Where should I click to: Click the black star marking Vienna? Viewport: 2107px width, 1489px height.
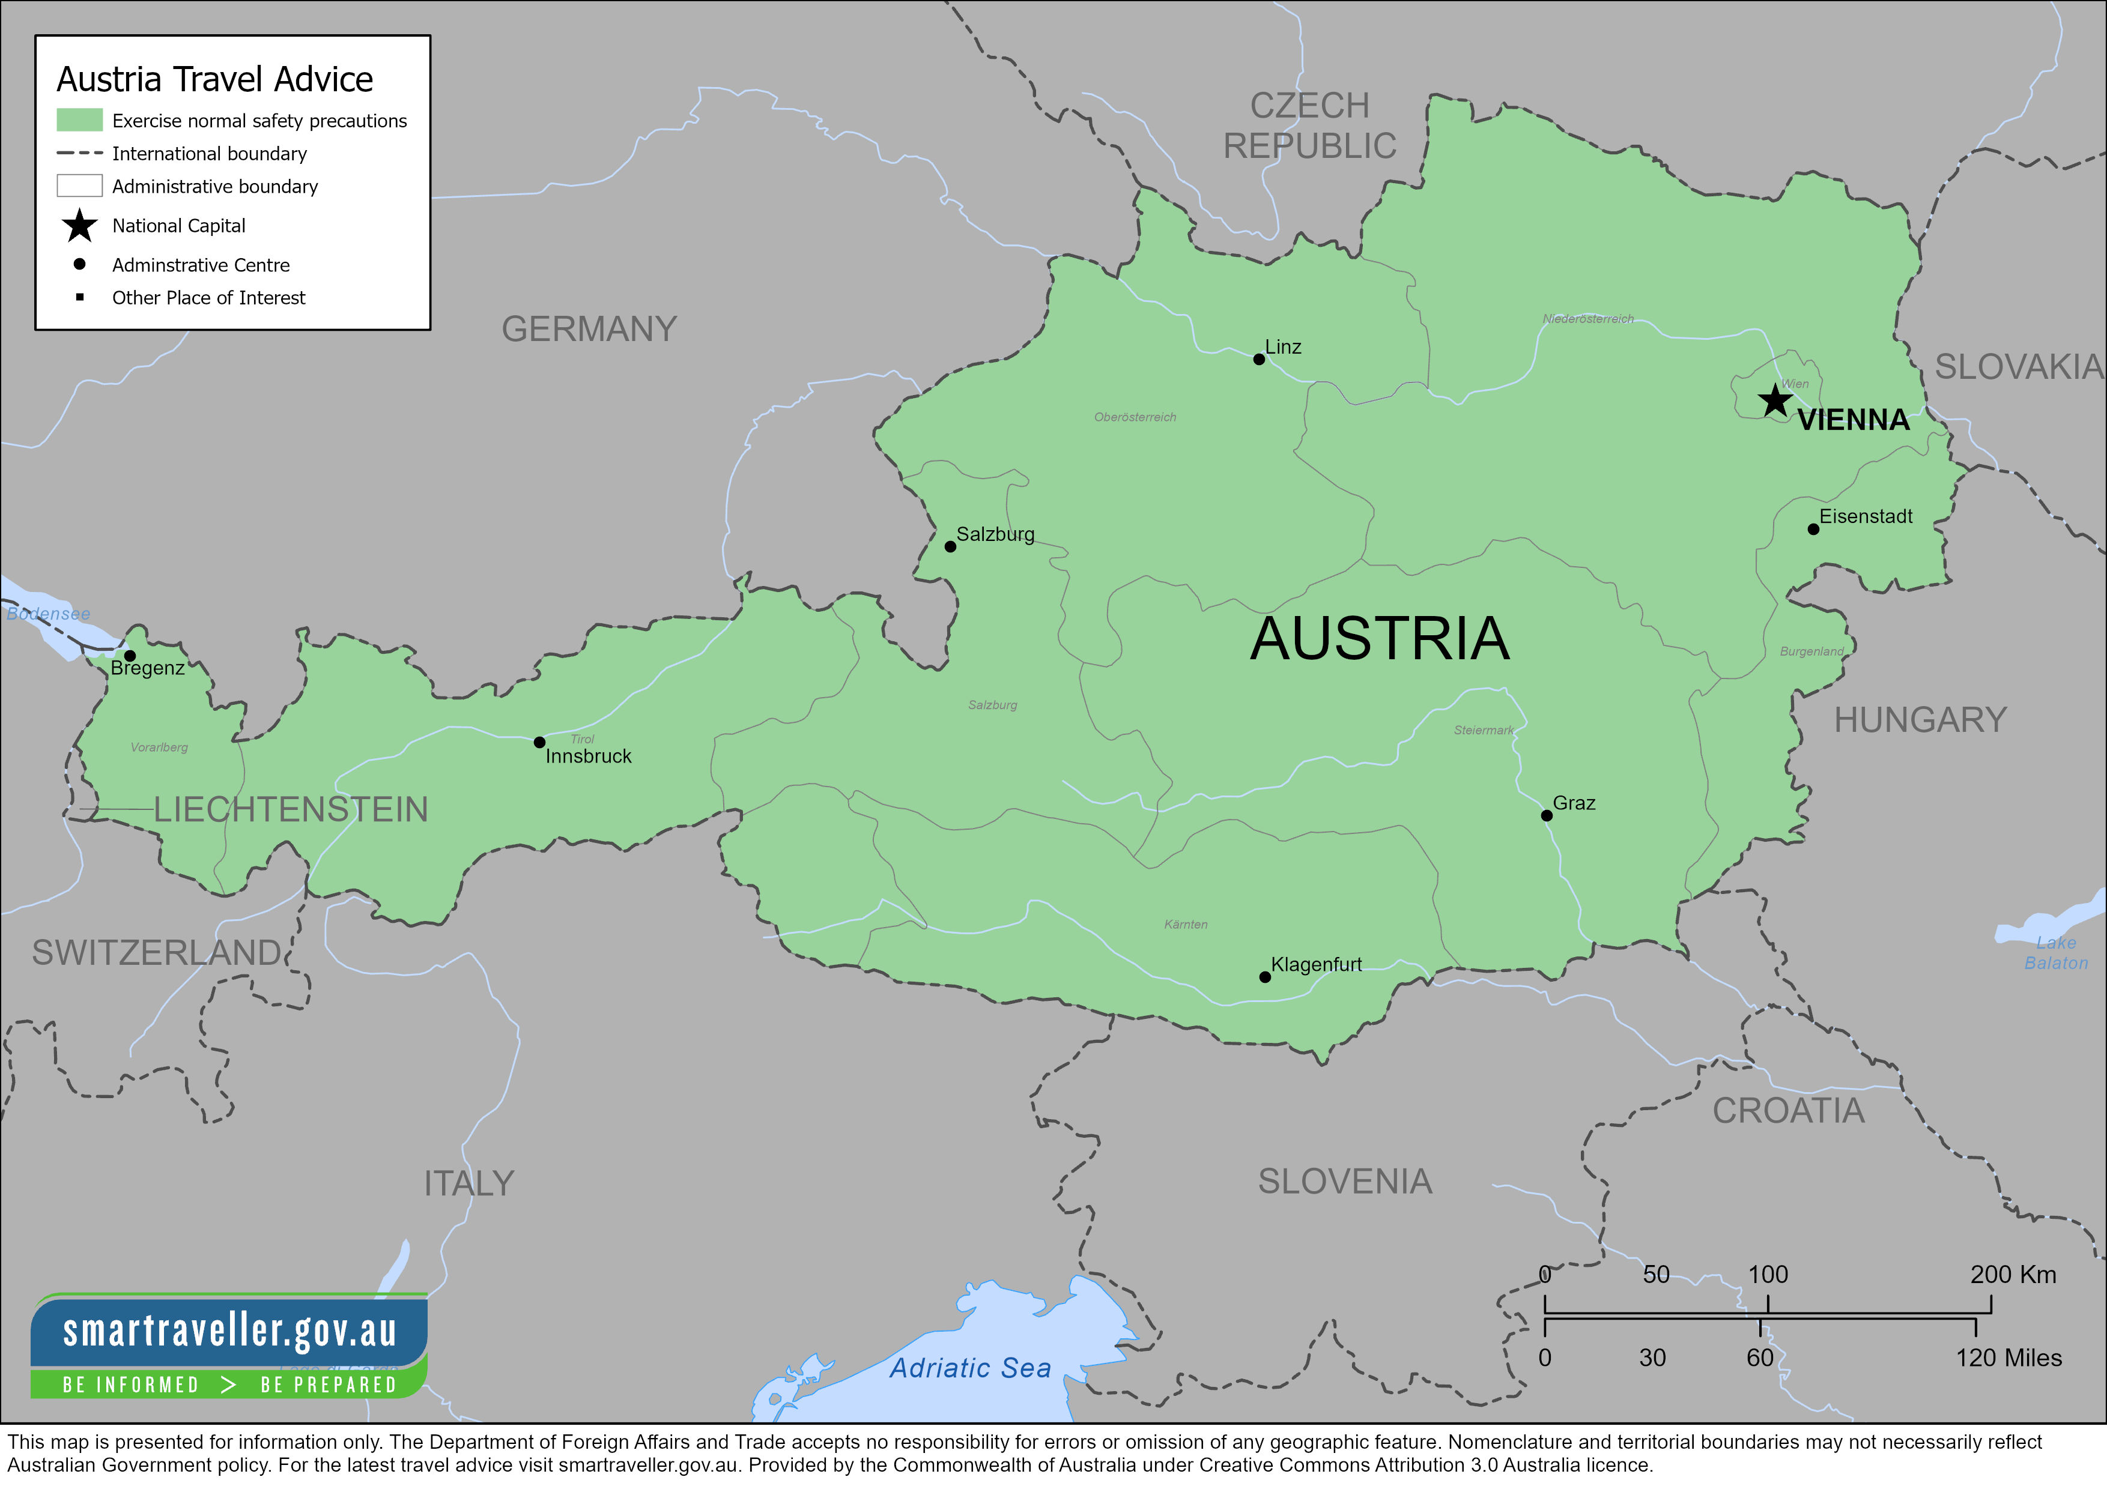pos(1775,401)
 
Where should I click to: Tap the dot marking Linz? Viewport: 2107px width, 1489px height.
pos(1259,360)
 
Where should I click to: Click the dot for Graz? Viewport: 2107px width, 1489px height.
pos(1546,815)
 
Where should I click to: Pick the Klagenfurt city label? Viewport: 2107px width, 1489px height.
pos(1316,964)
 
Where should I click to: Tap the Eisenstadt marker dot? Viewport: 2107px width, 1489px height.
pos(1813,530)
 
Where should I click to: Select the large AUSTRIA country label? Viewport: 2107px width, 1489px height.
pos(1379,639)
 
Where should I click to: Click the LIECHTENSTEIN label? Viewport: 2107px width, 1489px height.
pos(290,810)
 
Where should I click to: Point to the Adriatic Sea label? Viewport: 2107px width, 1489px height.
pos(970,1368)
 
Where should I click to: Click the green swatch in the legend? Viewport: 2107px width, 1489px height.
pos(80,120)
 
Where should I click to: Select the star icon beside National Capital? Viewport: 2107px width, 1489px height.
pos(80,226)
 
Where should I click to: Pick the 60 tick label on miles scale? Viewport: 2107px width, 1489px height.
pos(1759,1358)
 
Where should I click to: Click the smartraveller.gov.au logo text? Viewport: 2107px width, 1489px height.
pos(229,1331)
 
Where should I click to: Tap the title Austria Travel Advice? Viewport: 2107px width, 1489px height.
pos(215,80)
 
